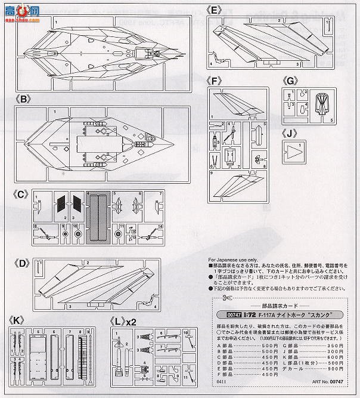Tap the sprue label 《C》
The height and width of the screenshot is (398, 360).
(20, 195)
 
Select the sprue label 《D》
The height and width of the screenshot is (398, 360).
(20, 262)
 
